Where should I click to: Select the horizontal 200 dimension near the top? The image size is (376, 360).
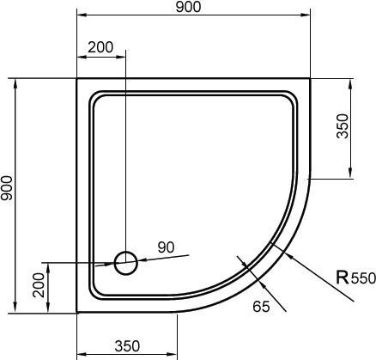(x=100, y=48)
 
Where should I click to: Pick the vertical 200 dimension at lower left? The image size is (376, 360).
(x=39, y=284)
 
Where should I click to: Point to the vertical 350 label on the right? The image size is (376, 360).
(x=343, y=129)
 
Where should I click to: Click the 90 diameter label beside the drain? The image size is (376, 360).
(x=166, y=247)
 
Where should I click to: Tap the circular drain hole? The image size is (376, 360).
(x=125, y=261)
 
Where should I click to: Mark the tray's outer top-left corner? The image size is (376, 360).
(x=77, y=80)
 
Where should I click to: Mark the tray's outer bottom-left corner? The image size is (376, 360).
(x=77, y=311)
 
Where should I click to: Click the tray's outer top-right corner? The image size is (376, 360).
(x=309, y=80)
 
